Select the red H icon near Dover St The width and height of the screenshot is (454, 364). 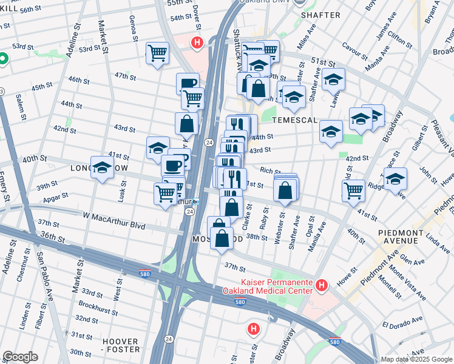197,42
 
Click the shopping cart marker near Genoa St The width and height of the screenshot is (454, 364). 157,53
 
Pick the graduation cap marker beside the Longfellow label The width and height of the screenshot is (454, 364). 102,168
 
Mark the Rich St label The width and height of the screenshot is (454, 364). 269,171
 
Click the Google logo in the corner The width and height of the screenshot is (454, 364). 20,357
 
